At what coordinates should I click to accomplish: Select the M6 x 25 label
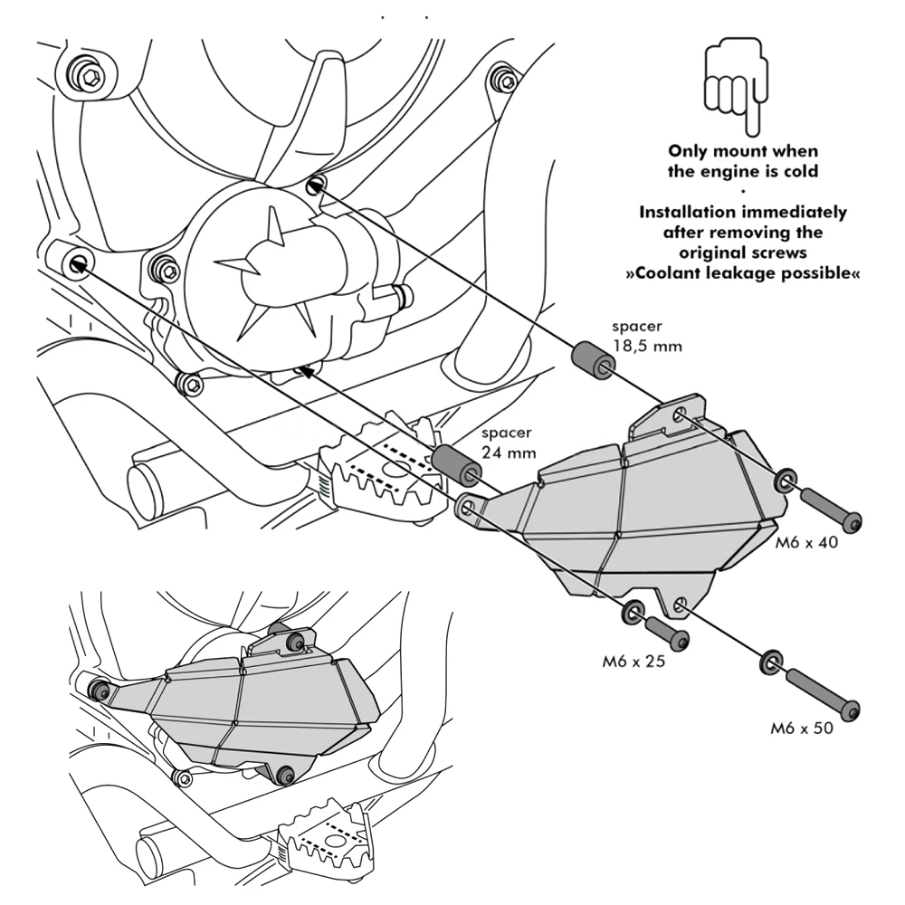tap(633, 661)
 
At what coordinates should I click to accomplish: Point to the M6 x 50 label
tap(802, 727)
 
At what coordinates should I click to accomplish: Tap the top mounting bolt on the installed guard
tap(294, 642)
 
